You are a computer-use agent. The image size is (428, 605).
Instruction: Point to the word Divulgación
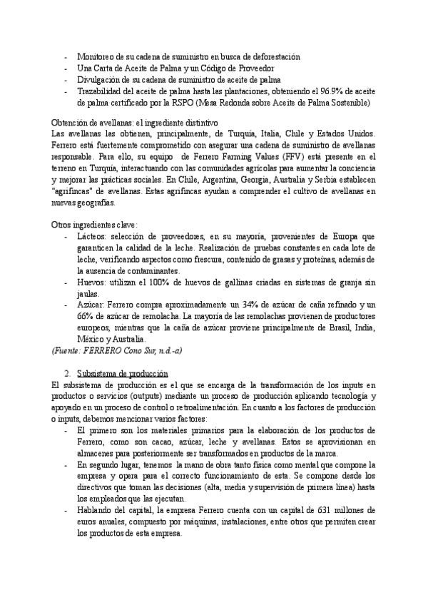[99, 80]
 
